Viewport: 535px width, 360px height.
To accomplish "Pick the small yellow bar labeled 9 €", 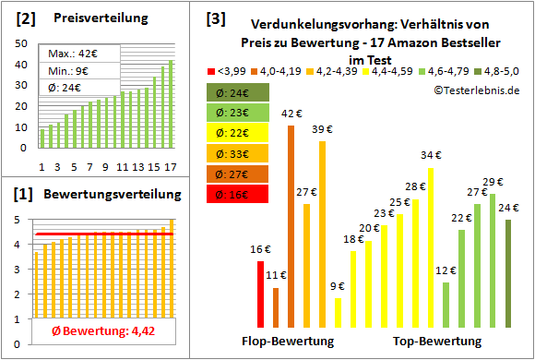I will point(339,312).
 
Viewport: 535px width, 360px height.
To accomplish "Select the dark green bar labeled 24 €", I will point(508,272).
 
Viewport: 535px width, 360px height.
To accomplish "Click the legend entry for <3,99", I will point(232,69).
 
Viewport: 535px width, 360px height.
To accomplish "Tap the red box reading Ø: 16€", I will point(237,194).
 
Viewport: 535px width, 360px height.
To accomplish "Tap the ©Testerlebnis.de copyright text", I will point(473,90).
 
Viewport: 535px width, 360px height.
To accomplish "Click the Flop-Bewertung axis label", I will point(287,342).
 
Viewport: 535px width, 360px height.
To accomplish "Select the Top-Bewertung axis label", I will point(437,342).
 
